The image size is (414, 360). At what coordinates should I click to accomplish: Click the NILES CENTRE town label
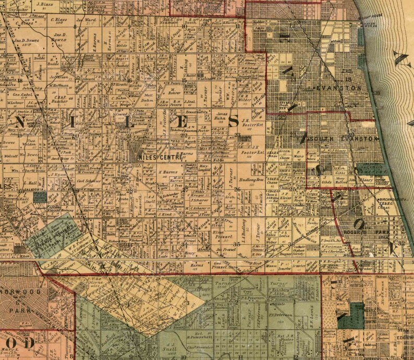(160, 156)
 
